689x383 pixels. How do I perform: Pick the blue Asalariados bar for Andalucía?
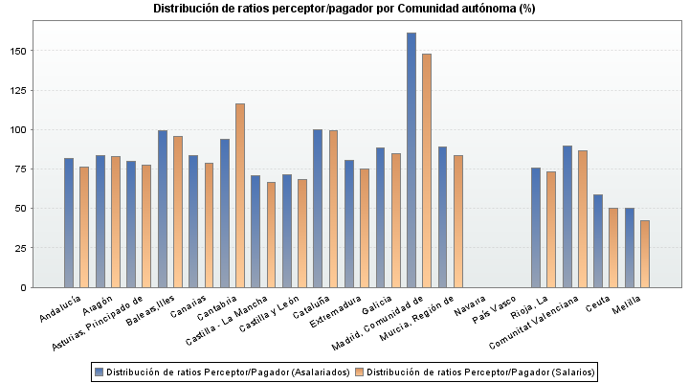pyautogui.click(x=69, y=222)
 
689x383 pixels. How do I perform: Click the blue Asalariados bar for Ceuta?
pyautogui.click(x=598, y=240)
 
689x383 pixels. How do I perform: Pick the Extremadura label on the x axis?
pyautogui.click(x=338, y=313)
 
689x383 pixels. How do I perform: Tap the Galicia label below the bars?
pyautogui.click(x=374, y=308)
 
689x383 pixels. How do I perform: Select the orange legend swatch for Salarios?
pyautogui.click(x=360, y=372)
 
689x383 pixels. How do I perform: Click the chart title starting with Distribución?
pyautogui.click(x=344, y=9)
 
